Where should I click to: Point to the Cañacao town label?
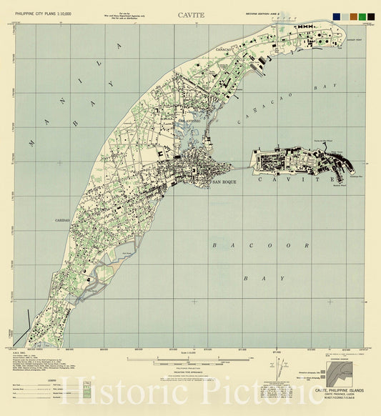point(225,50)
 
